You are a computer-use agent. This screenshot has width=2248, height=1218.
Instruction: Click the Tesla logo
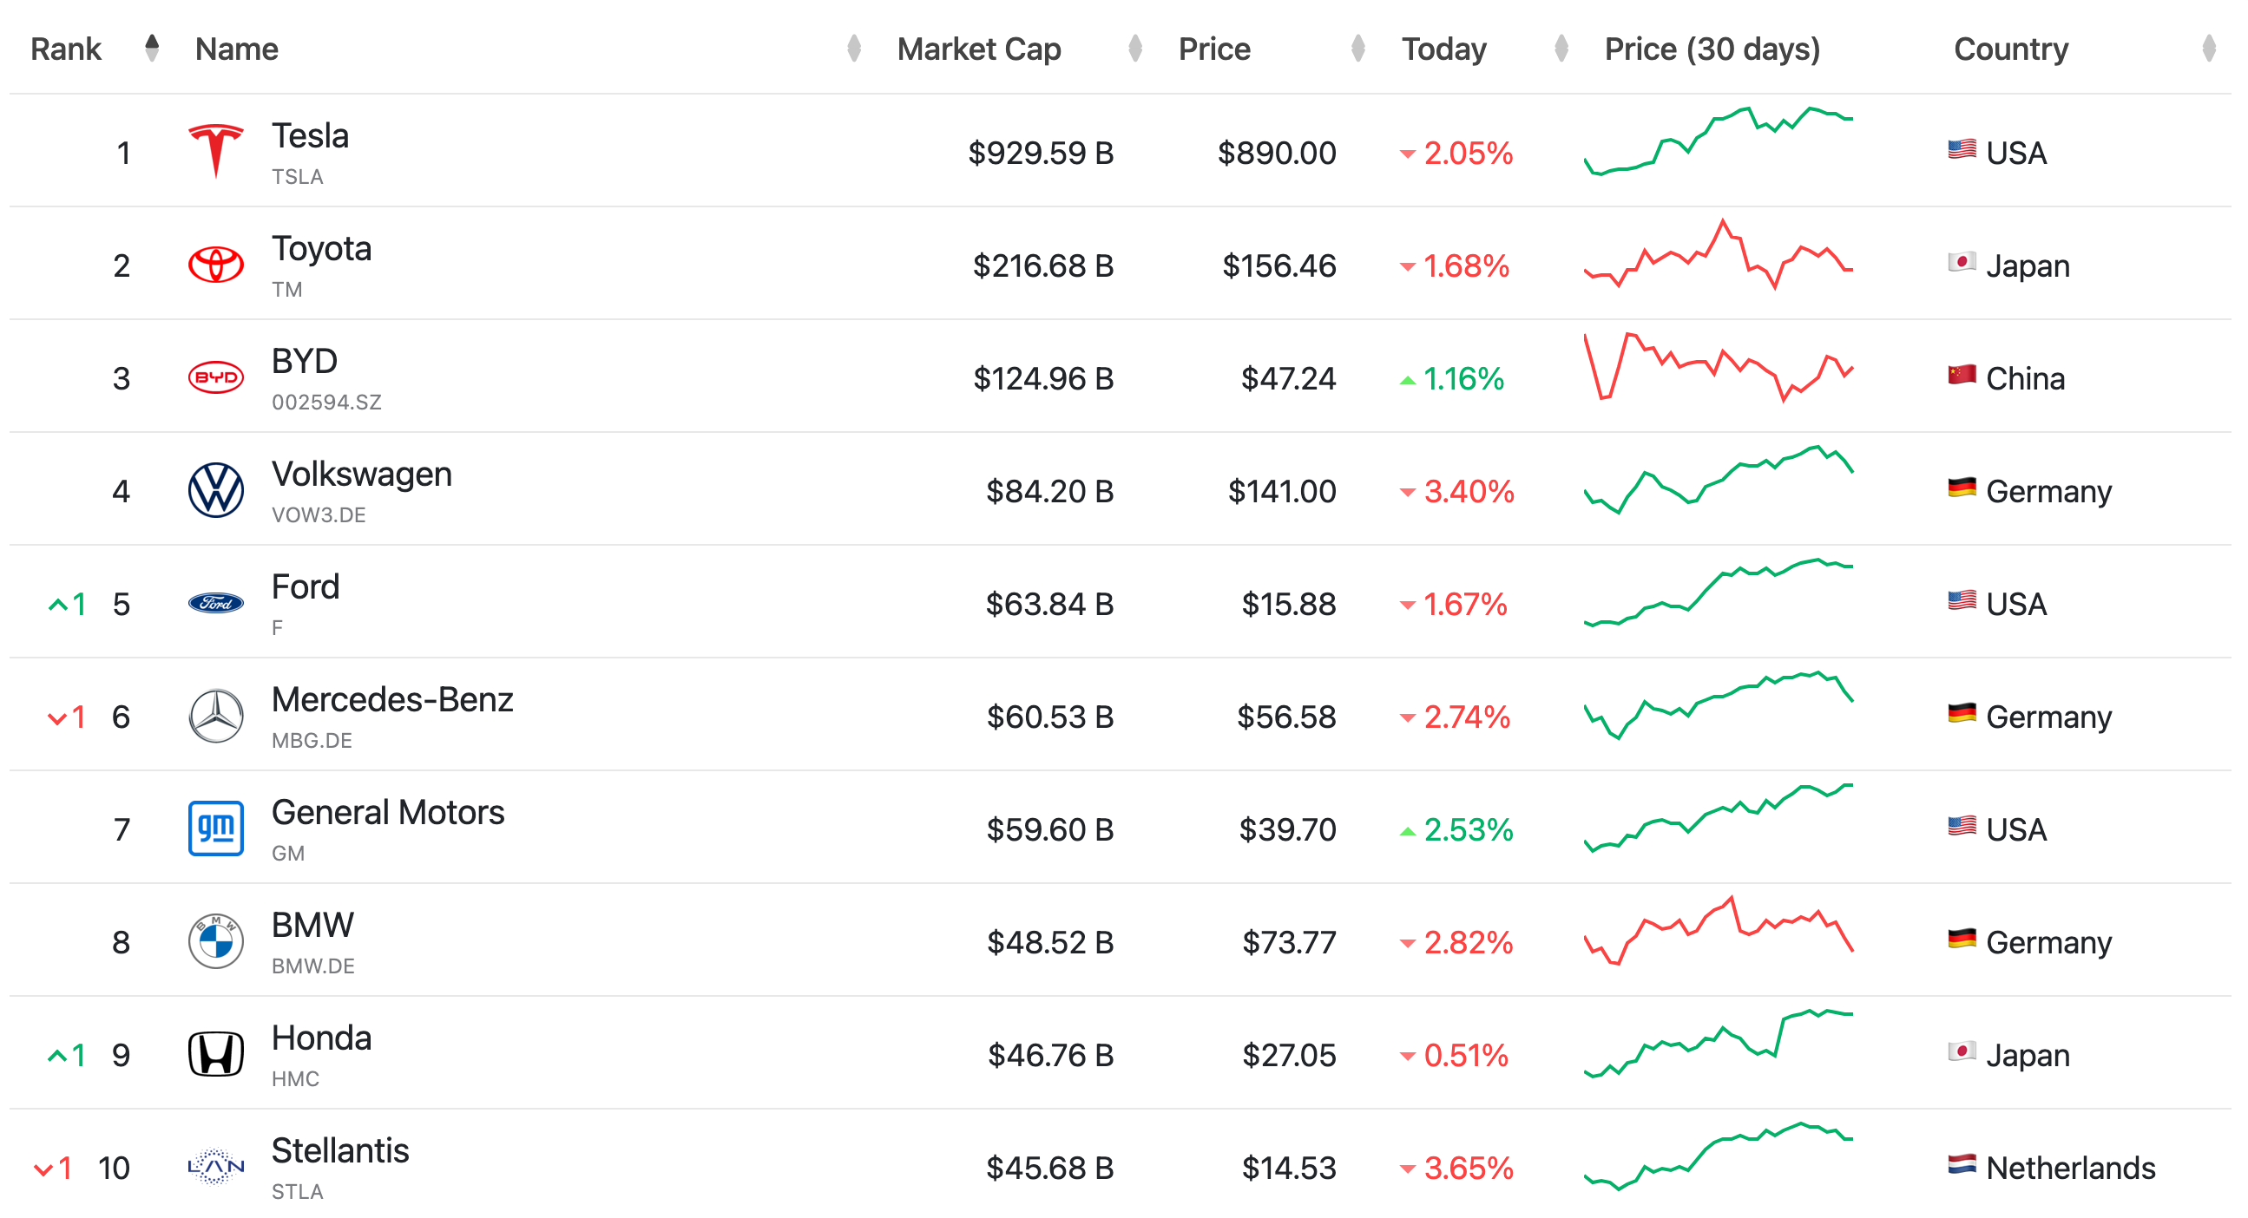[x=215, y=151]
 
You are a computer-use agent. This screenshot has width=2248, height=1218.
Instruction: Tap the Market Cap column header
[x=978, y=49]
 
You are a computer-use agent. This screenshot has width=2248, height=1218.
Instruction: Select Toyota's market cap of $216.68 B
[x=1042, y=265]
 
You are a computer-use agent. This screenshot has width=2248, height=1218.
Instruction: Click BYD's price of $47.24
[x=1288, y=378]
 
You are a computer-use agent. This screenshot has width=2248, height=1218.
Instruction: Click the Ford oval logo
[x=215, y=603]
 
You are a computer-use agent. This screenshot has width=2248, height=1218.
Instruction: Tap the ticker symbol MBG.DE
[x=312, y=741]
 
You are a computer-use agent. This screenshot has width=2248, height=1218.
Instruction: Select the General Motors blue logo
[x=215, y=828]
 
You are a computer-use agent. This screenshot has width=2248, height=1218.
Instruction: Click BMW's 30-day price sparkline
[x=1719, y=931]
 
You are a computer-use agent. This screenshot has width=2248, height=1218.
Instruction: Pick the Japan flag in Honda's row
[x=1961, y=1051]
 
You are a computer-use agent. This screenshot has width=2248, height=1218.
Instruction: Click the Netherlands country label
[x=2070, y=1168]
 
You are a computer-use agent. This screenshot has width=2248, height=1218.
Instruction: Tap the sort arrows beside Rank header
[x=152, y=48]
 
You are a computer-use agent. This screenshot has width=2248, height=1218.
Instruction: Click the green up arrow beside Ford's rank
[x=57, y=604]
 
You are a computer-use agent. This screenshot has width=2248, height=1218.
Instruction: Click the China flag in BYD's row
[x=1961, y=375]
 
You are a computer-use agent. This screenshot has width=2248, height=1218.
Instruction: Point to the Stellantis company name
[x=340, y=1151]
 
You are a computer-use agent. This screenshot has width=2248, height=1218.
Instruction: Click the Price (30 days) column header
[x=1712, y=49]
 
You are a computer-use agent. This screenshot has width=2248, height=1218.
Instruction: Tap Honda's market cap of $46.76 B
[x=1051, y=1055]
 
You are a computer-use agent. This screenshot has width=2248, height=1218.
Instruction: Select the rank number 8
[x=122, y=942]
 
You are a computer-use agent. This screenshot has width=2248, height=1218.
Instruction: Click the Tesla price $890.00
[x=1277, y=153]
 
